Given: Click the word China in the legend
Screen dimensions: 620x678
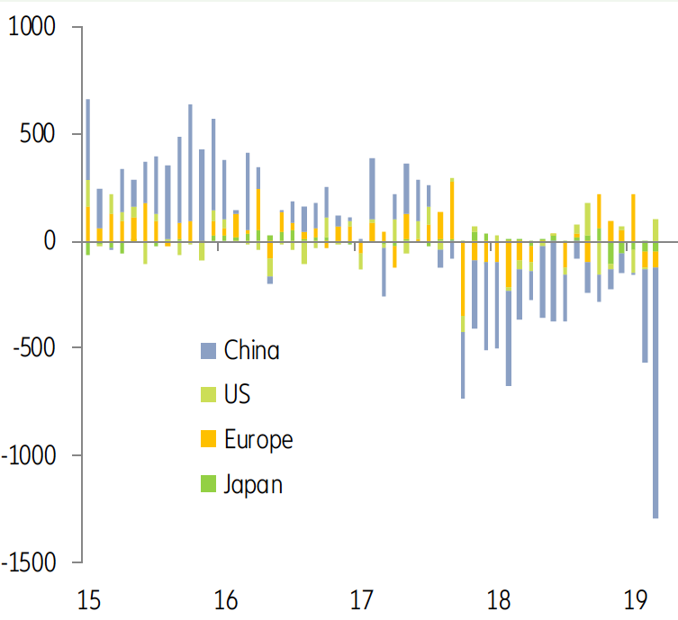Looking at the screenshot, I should click(251, 350).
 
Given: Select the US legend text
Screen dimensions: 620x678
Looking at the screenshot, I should click(237, 395).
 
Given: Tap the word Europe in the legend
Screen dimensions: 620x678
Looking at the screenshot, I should click(258, 440).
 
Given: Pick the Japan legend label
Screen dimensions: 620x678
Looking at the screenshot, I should click(253, 485).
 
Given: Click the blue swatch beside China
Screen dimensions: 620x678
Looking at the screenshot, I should click(208, 351).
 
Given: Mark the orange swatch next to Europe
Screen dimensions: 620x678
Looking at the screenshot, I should click(208, 440).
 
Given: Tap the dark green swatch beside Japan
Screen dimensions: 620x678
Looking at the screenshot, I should click(208, 485).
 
